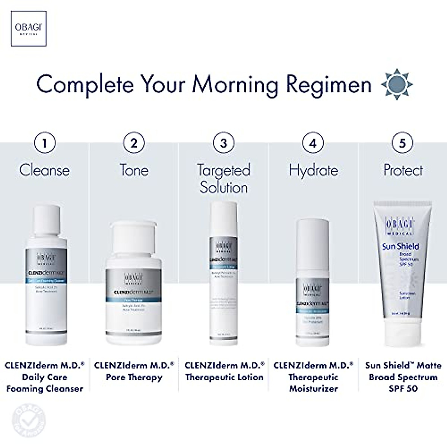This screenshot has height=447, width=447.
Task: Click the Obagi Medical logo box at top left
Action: (29, 28)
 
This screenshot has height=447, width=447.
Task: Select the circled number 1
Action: (44, 143)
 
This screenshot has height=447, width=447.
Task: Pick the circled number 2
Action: (134, 143)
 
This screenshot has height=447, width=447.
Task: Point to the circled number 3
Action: (223, 143)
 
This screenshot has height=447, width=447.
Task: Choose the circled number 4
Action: (313, 143)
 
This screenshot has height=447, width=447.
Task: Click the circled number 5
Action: (403, 143)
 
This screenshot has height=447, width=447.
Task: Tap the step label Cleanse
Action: (44, 170)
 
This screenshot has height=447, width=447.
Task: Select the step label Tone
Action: (134, 170)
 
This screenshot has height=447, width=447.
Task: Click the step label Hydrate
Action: (313, 170)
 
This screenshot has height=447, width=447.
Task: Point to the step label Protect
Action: (403, 170)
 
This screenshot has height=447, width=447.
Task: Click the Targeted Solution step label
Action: (223, 179)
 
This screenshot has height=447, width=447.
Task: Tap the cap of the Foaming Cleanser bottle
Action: (47, 221)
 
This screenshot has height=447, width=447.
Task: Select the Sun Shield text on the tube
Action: (400, 246)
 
